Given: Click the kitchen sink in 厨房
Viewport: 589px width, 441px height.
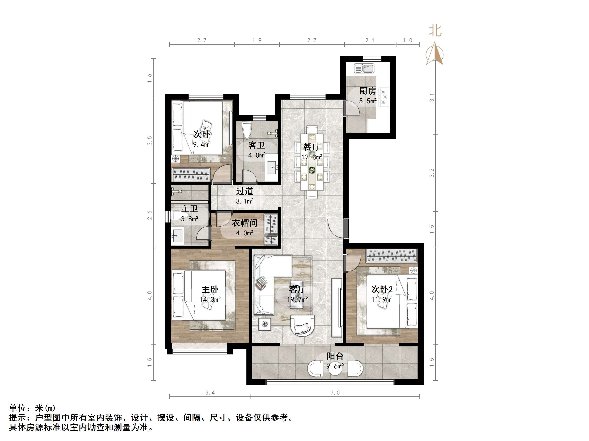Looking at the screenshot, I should tap(364, 68).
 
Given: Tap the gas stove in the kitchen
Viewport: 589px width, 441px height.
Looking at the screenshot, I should tap(384, 97).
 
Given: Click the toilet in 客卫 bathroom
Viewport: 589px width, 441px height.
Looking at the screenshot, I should tap(247, 130).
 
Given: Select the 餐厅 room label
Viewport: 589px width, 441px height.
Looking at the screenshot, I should tap(312, 147).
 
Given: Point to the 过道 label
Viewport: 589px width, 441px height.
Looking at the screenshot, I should tap(244, 191).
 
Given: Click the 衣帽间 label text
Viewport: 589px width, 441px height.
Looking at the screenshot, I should tap(244, 223).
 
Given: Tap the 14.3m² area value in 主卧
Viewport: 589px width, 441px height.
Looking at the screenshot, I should tap(210, 299).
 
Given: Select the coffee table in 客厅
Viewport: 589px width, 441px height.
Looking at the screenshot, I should tap(297, 295).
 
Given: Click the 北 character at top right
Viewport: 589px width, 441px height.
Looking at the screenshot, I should tap(435, 31).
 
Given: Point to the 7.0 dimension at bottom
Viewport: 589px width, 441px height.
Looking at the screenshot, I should tap(335, 393).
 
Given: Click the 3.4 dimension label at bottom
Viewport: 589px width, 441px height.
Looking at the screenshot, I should tap(210, 393).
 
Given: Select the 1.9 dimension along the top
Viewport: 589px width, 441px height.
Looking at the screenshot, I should tap(257, 41).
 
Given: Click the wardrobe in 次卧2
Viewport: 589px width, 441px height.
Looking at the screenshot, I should tap(391, 256).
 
